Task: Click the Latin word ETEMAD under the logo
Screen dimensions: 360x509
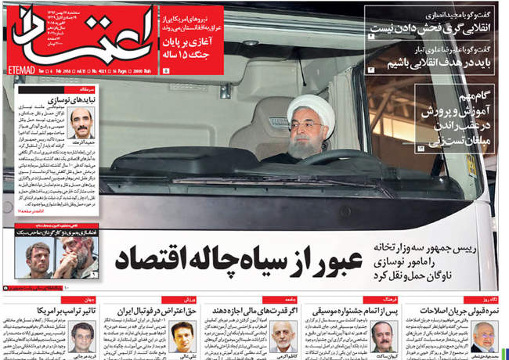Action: (27, 70)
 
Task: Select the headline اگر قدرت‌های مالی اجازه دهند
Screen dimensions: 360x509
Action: (247, 311)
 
